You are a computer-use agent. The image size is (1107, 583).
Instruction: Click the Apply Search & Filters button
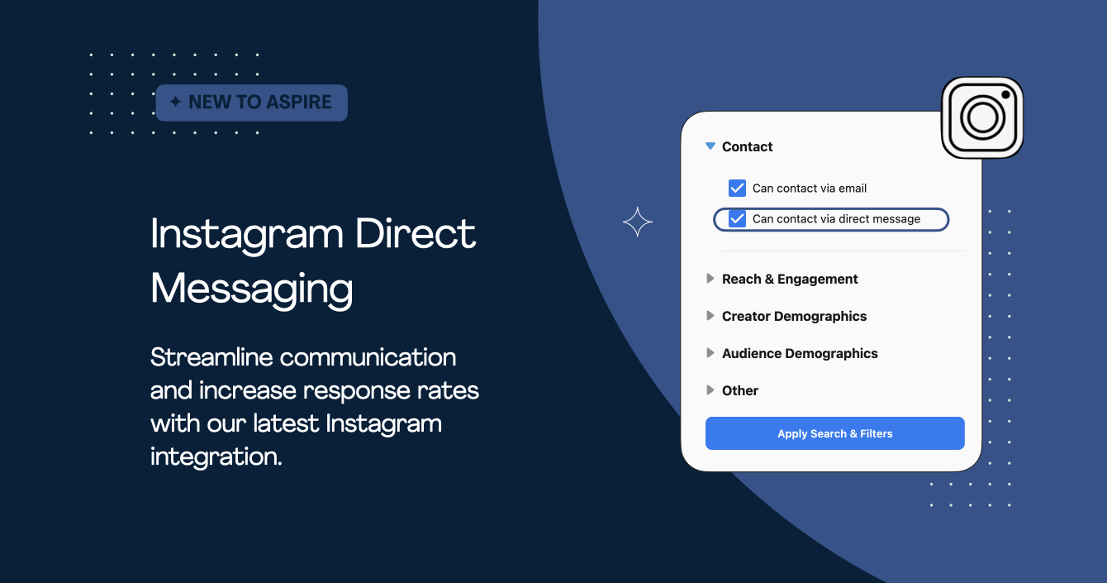coord(834,433)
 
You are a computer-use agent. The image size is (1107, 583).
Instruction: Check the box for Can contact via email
coord(737,188)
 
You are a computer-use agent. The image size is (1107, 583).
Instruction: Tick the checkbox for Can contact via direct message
coord(737,219)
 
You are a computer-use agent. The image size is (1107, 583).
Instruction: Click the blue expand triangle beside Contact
coord(710,146)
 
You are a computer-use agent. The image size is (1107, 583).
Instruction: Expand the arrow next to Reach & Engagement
coord(710,279)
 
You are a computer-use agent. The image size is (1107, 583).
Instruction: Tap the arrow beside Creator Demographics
coord(710,316)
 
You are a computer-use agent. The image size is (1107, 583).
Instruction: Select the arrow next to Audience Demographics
coord(710,353)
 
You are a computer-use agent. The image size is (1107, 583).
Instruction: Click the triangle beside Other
coord(710,390)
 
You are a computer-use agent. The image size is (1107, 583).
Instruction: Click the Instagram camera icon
coord(982,117)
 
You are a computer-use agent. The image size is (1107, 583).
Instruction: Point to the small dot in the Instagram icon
coord(1005,95)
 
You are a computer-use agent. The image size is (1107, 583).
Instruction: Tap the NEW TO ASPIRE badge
coord(252,103)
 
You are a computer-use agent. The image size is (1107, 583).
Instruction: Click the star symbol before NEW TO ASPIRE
coord(175,103)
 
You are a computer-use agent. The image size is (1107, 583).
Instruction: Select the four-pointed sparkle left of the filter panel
coord(637,222)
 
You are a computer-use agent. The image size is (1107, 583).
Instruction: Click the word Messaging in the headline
coord(252,289)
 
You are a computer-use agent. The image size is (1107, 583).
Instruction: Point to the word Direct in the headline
coord(416,234)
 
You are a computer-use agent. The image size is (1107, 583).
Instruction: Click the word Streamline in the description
coord(211,357)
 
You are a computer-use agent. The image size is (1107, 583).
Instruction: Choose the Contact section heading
coord(747,146)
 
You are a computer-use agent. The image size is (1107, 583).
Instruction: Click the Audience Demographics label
coord(800,353)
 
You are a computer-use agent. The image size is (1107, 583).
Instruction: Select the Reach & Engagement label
coord(790,279)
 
